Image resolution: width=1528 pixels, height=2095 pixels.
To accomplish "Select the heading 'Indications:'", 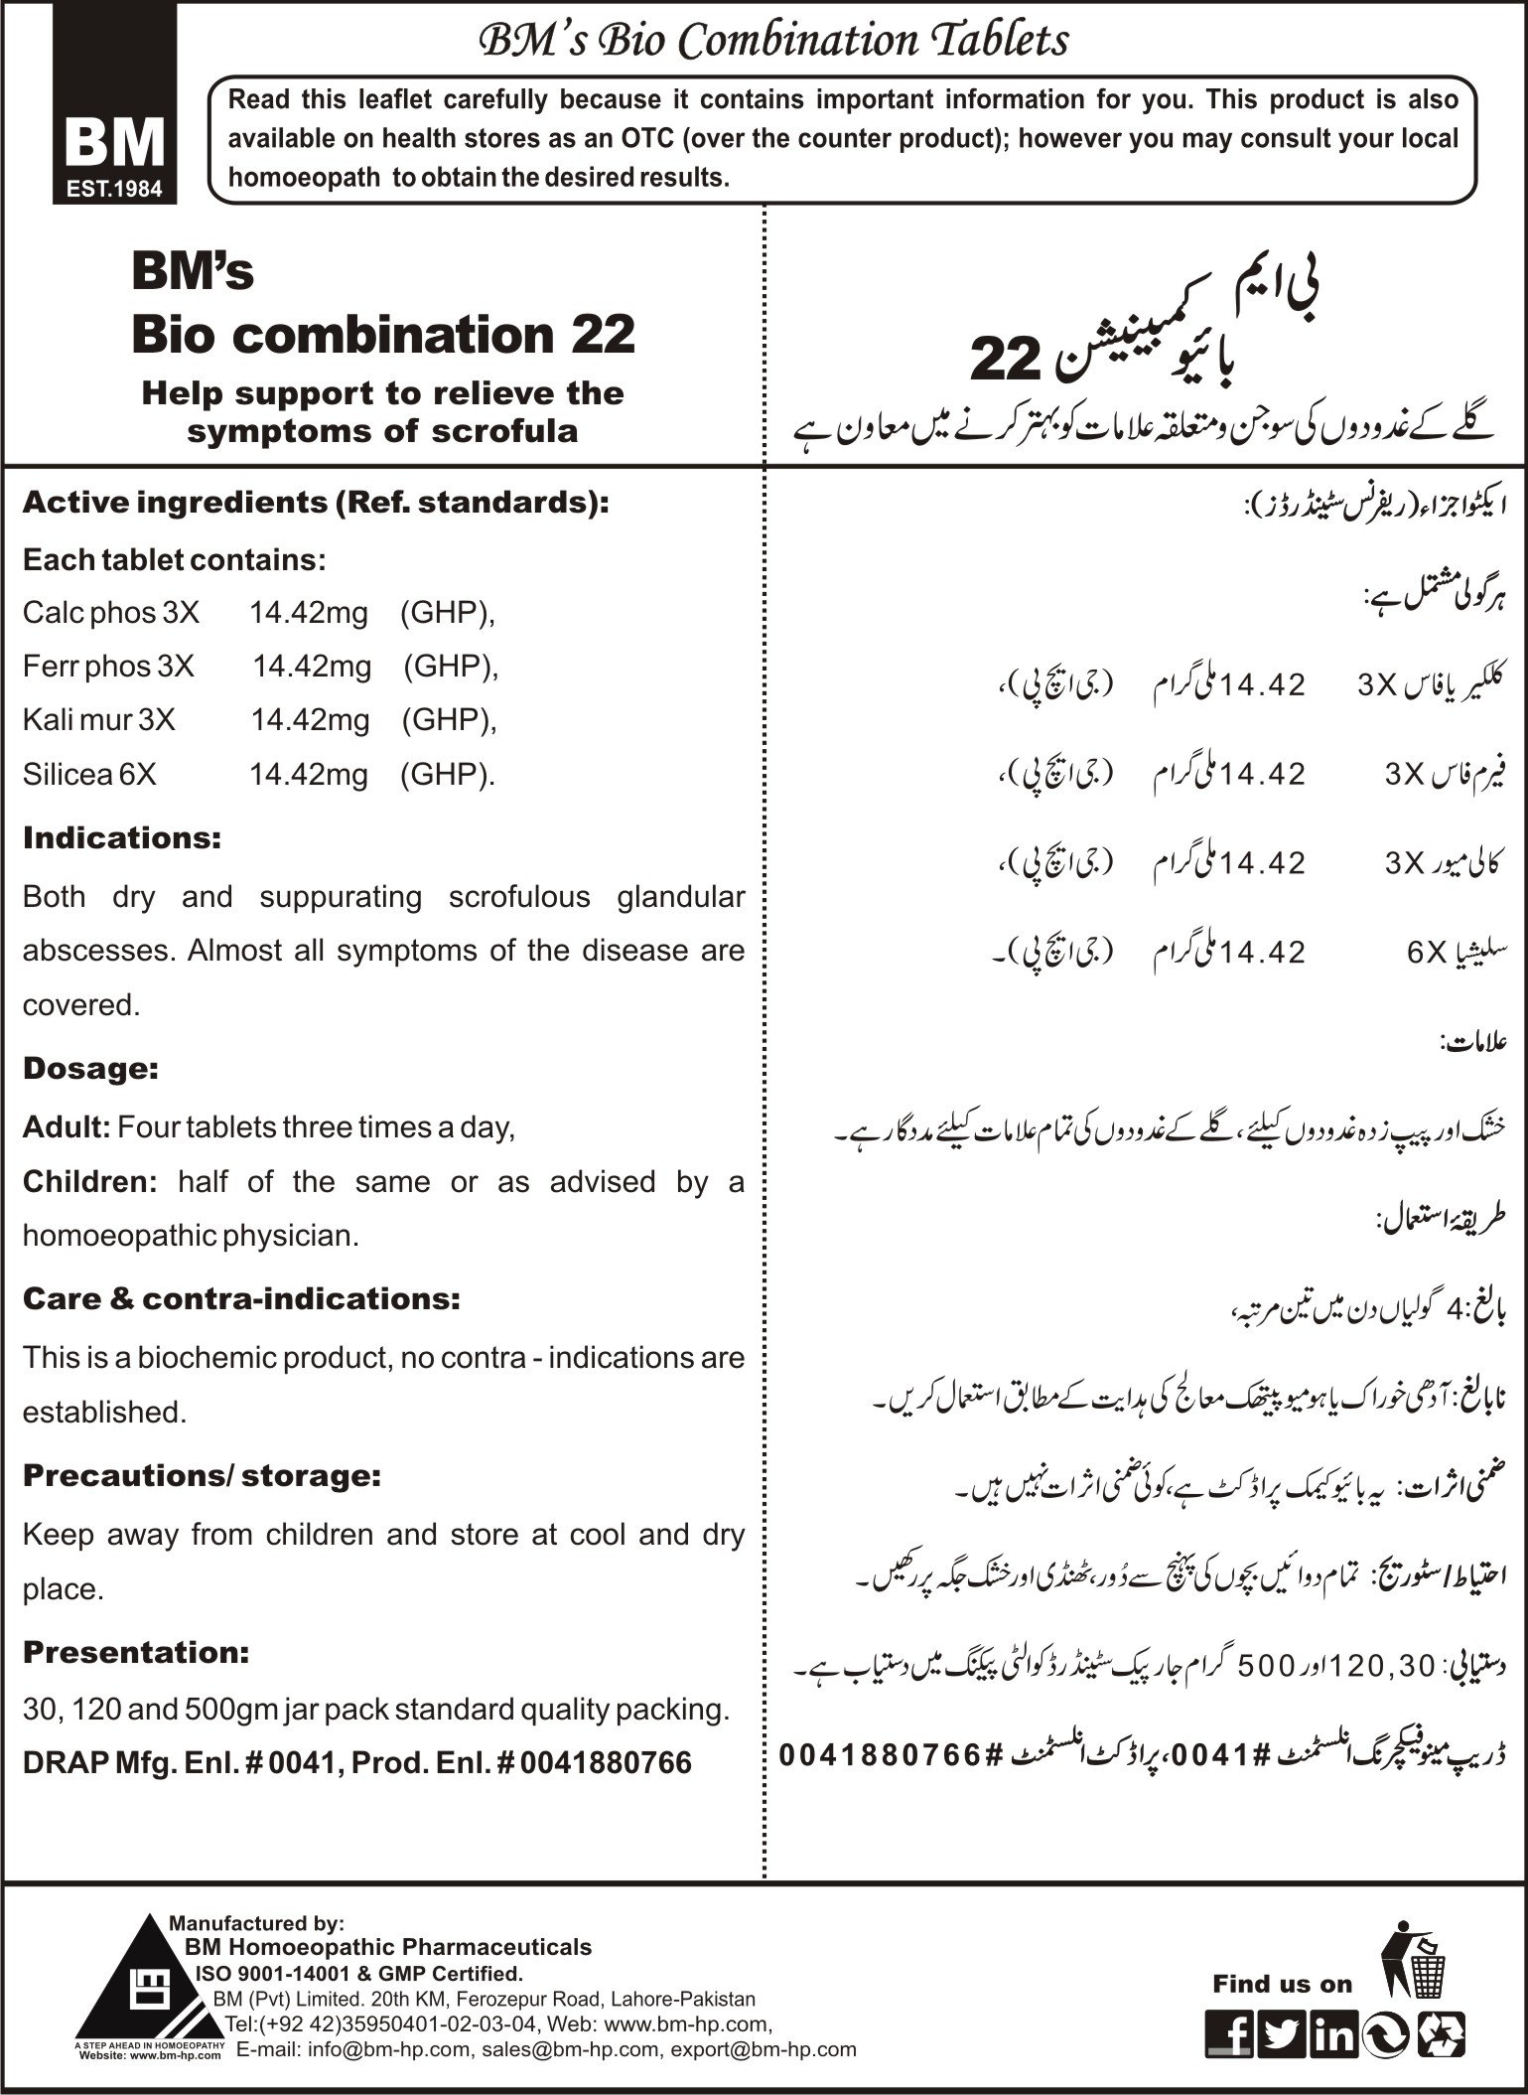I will (122, 838).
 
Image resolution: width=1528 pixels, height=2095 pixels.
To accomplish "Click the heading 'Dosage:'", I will (90, 1069).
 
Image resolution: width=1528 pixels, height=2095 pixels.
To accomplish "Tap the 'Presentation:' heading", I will (136, 1653).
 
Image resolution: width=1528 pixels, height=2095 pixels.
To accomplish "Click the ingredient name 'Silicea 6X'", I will (89, 774).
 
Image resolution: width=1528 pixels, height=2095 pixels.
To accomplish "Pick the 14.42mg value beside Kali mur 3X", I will (310, 719).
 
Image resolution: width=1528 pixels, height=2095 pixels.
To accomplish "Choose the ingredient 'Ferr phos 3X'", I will (108, 666).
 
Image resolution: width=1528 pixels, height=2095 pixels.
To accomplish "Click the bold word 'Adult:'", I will (67, 1127).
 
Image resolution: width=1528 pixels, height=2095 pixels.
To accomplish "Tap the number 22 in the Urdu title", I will (1003, 359).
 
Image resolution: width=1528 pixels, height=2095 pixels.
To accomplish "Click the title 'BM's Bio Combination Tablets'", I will (774, 41).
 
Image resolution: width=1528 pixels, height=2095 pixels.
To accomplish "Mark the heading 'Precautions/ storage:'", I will (202, 1476).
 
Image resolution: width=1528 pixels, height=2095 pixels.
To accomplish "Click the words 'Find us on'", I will (1282, 1984).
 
